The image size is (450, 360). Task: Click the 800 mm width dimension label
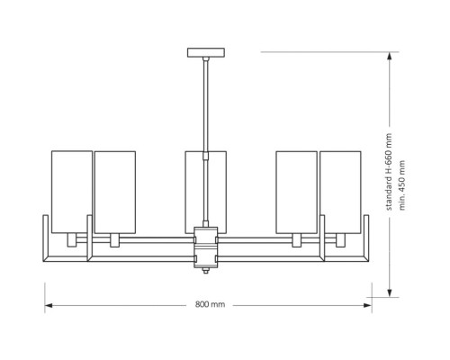(x=210, y=304)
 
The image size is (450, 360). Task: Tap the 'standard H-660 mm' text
(x=389, y=172)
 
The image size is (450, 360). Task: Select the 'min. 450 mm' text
(x=402, y=185)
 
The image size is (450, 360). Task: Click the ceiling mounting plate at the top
(x=206, y=52)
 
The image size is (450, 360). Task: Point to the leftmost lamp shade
(x=72, y=192)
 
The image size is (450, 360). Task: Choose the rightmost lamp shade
(x=340, y=192)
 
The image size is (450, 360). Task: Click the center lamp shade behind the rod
(x=206, y=192)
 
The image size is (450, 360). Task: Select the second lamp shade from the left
(x=115, y=192)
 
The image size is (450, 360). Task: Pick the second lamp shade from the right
(x=296, y=192)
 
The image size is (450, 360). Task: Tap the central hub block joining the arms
(x=206, y=247)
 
